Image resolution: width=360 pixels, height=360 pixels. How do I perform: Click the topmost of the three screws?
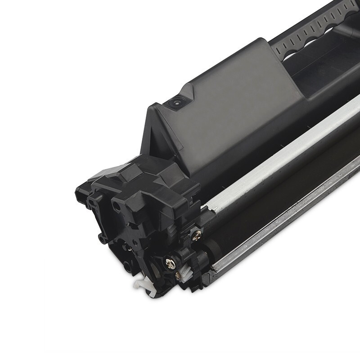(197, 233)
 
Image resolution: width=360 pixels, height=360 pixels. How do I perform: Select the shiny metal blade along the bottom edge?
(288, 225)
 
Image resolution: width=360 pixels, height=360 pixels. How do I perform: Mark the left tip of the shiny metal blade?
(211, 270)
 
